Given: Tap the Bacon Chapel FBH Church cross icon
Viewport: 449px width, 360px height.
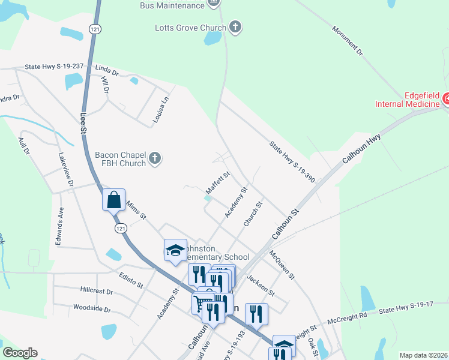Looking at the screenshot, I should tap(155, 158).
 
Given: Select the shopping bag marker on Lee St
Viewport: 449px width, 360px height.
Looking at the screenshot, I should tap(113, 199).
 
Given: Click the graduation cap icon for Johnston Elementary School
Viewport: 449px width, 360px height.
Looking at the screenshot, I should tap(175, 250).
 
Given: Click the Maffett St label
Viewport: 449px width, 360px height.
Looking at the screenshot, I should tap(218, 179).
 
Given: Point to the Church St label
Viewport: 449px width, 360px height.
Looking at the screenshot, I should tap(253, 214).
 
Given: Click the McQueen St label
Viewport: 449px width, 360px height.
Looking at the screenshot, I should tap(282, 265).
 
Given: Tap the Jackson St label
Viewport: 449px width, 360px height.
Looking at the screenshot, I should tap(260, 287).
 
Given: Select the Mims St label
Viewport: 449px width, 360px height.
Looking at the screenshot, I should tap(136, 209).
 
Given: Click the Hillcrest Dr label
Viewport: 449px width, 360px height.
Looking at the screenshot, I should tap(96, 290).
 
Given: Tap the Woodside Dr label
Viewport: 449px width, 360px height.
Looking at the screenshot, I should tap(91, 309).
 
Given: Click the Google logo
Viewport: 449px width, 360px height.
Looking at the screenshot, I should tap(20, 353).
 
